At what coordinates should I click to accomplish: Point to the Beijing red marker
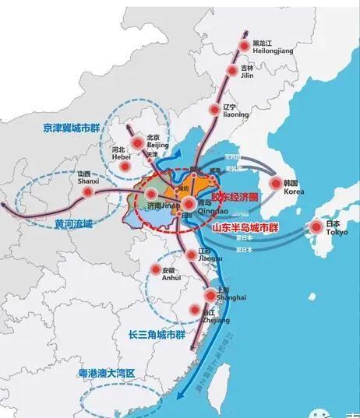pos(137,142)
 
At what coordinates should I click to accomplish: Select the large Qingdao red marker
pos(189,205)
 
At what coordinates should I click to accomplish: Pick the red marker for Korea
pos(274,184)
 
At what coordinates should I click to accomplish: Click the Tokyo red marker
pos(316,227)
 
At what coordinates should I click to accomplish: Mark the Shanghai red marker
pos(210,293)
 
